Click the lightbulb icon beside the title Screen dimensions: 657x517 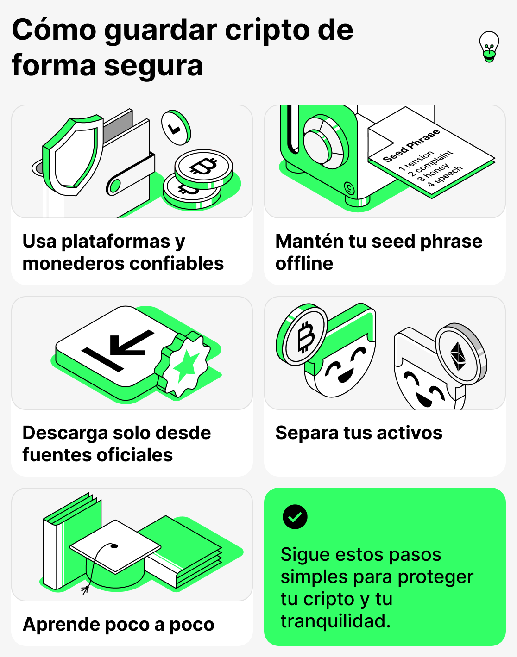click(x=489, y=47)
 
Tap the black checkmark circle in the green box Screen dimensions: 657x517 click(x=295, y=517)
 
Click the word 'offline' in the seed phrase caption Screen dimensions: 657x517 click(x=304, y=264)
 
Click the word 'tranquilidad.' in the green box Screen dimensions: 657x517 click(x=335, y=621)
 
